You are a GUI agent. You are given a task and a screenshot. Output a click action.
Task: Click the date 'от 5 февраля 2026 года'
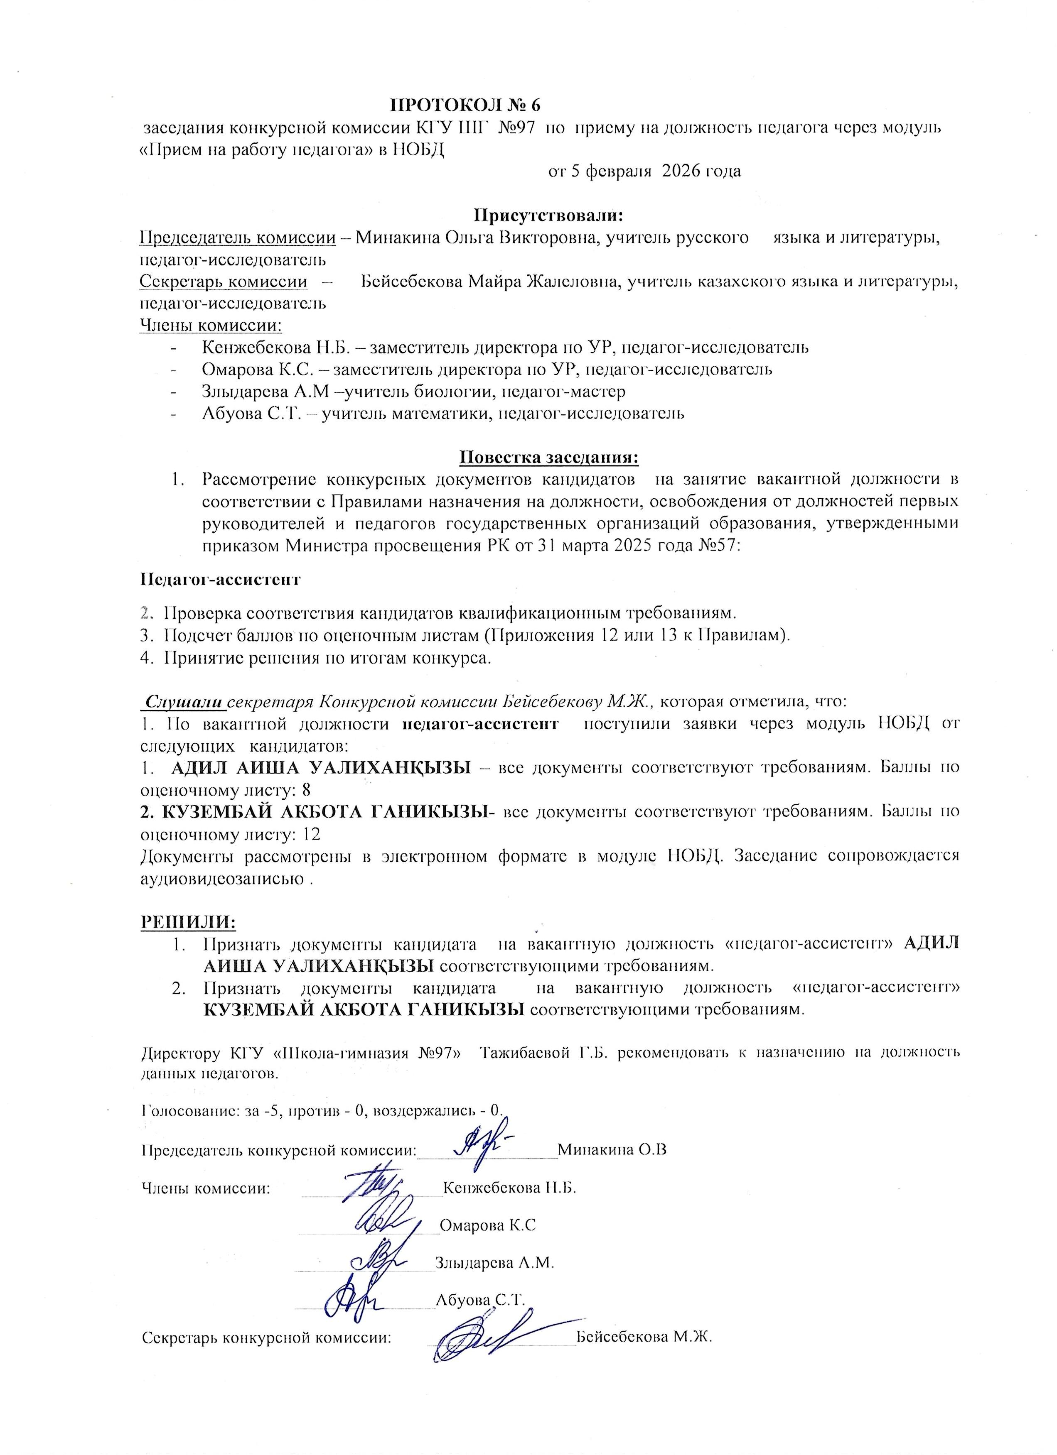[644, 171]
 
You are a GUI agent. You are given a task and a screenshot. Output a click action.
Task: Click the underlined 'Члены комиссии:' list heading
[211, 325]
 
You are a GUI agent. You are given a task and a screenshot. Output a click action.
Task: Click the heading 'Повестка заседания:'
[549, 458]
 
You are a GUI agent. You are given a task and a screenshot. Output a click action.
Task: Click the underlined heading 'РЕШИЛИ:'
[188, 922]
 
